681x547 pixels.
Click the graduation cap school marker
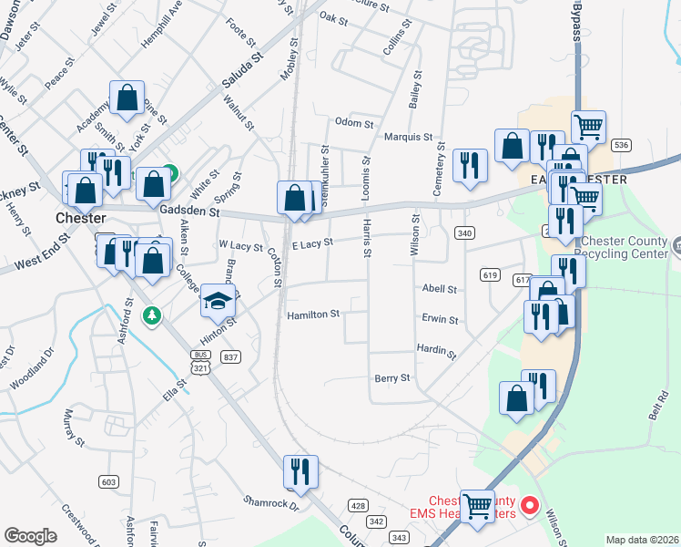click(219, 300)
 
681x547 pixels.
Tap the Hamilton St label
click(313, 315)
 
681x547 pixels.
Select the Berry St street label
click(392, 377)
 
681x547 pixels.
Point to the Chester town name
click(81, 219)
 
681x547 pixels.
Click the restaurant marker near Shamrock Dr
click(300, 471)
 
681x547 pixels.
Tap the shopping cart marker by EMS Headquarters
click(477, 506)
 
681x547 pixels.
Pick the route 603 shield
click(109, 481)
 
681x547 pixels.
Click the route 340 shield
click(465, 233)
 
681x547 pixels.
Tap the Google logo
click(31, 536)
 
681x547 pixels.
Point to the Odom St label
click(354, 123)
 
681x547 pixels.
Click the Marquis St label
click(407, 137)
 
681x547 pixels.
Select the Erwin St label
click(440, 320)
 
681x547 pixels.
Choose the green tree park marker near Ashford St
click(152, 315)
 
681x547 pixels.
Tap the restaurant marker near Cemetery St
click(469, 165)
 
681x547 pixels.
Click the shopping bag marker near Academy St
click(127, 97)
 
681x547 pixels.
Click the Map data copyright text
click(642, 540)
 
